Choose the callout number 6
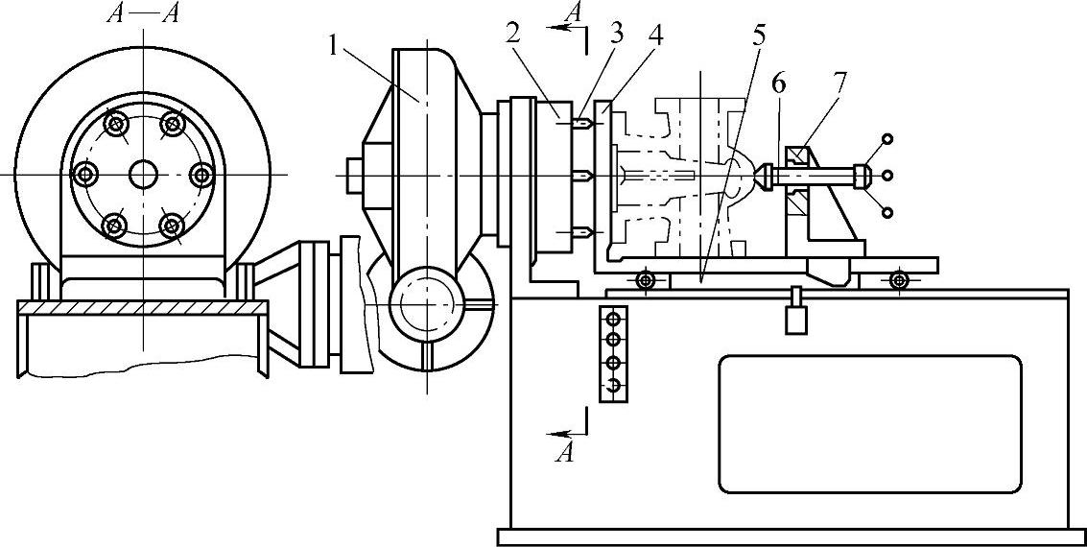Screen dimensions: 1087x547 tap(778, 85)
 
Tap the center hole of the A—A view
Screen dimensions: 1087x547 tap(144, 174)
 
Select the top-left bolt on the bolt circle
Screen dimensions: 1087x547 tap(115, 125)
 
